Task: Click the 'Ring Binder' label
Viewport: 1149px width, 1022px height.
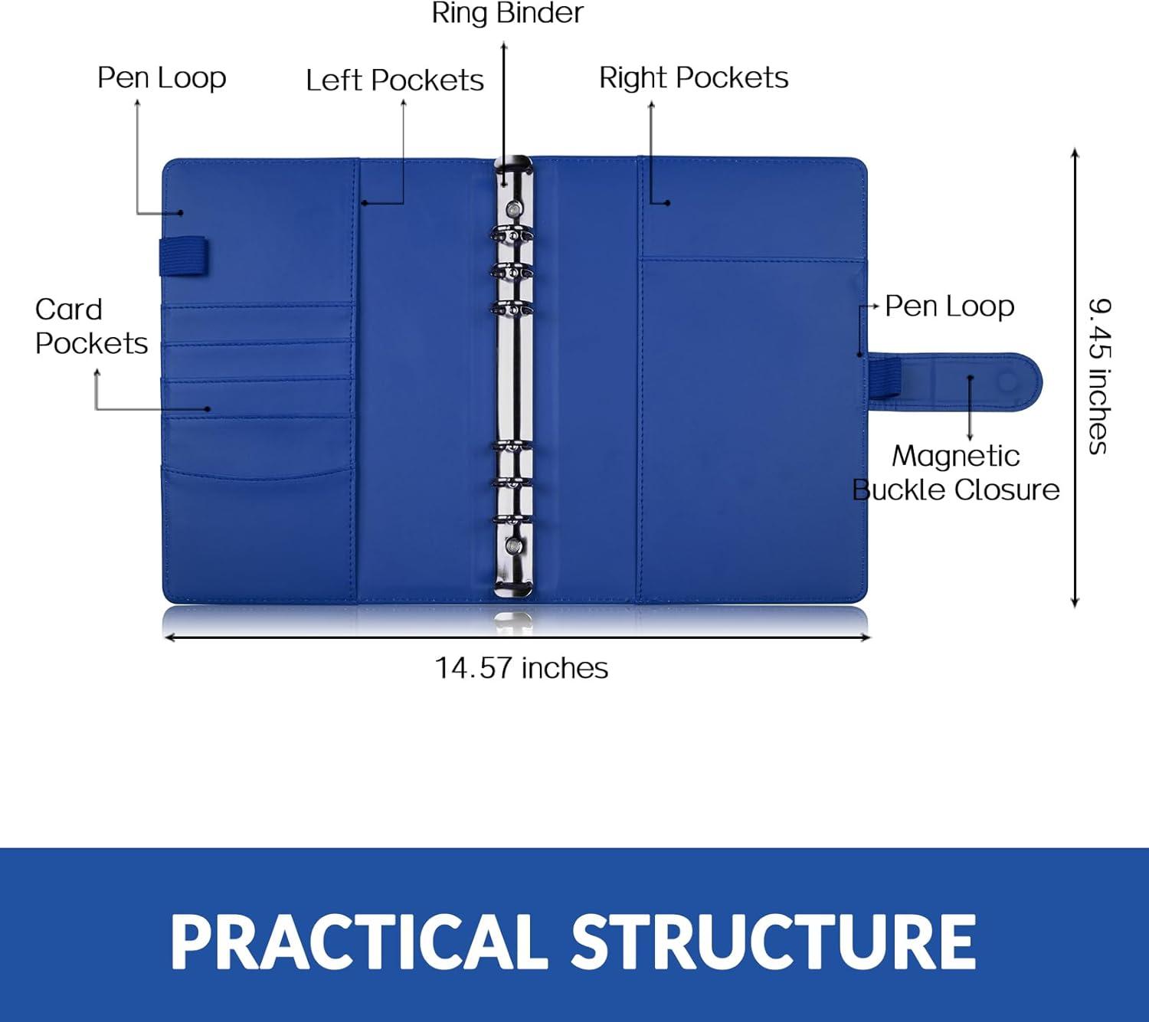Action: pos(508,14)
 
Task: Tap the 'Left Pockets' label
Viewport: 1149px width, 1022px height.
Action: pos(394,80)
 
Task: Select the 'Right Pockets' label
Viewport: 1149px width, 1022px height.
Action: pos(693,77)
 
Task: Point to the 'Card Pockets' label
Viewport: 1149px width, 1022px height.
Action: pos(91,326)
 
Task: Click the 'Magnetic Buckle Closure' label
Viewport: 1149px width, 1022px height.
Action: pos(956,473)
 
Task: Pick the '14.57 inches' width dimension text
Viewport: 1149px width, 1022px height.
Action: pos(521,667)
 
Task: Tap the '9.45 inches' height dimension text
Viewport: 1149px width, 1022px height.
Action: pos(1100,376)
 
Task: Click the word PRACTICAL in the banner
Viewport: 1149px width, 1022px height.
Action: pos(359,943)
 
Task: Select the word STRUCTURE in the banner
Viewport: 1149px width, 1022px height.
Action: pos(774,943)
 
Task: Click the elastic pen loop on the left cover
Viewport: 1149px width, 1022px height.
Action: pos(184,257)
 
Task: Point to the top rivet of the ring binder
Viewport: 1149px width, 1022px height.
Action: pos(514,208)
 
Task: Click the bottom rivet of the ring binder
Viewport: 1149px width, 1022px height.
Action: pos(514,545)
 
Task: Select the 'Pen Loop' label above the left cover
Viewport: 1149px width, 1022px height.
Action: pos(162,77)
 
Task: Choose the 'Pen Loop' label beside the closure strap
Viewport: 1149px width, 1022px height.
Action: pos(949,306)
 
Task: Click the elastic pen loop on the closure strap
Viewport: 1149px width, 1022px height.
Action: pos(884,376)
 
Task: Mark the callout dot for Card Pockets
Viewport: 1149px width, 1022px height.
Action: pos(208,409)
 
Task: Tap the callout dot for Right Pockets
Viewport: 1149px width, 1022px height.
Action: pos(668,202)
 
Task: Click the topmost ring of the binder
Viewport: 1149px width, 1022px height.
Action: pos(512,234)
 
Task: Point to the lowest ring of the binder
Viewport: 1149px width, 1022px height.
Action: pos(512,519)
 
